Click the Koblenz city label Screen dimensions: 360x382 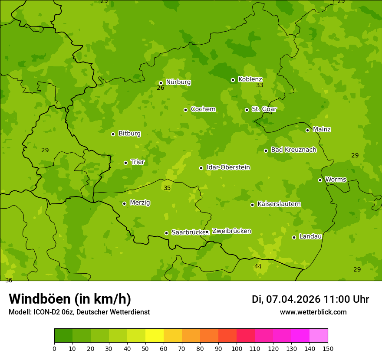coord(250,79)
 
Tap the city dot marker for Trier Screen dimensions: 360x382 coord(126,163)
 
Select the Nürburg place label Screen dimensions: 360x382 coord(178,82)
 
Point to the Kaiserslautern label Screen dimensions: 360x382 coord(279,204)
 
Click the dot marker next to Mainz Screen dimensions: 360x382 coord(307,130)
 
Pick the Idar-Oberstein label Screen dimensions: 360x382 coord(228,167)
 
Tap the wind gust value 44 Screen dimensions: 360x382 coord(258,266)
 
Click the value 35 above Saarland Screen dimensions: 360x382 coord(167,188)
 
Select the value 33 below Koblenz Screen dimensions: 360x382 coord(260,85)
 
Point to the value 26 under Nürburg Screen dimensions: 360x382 coord(161,88)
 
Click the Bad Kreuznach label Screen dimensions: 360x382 coord(293,150)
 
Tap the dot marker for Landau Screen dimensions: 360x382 coord(294,237)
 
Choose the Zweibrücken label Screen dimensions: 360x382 coord(231,231)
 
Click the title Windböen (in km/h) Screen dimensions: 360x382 coord(70,299)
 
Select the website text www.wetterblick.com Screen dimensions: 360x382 coord(313,312)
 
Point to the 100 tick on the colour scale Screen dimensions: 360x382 coord(237,348)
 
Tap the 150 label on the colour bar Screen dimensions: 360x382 coord(328,348)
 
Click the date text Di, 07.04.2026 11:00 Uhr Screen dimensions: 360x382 coord(310,299)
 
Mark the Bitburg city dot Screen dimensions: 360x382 coord(113,134)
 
